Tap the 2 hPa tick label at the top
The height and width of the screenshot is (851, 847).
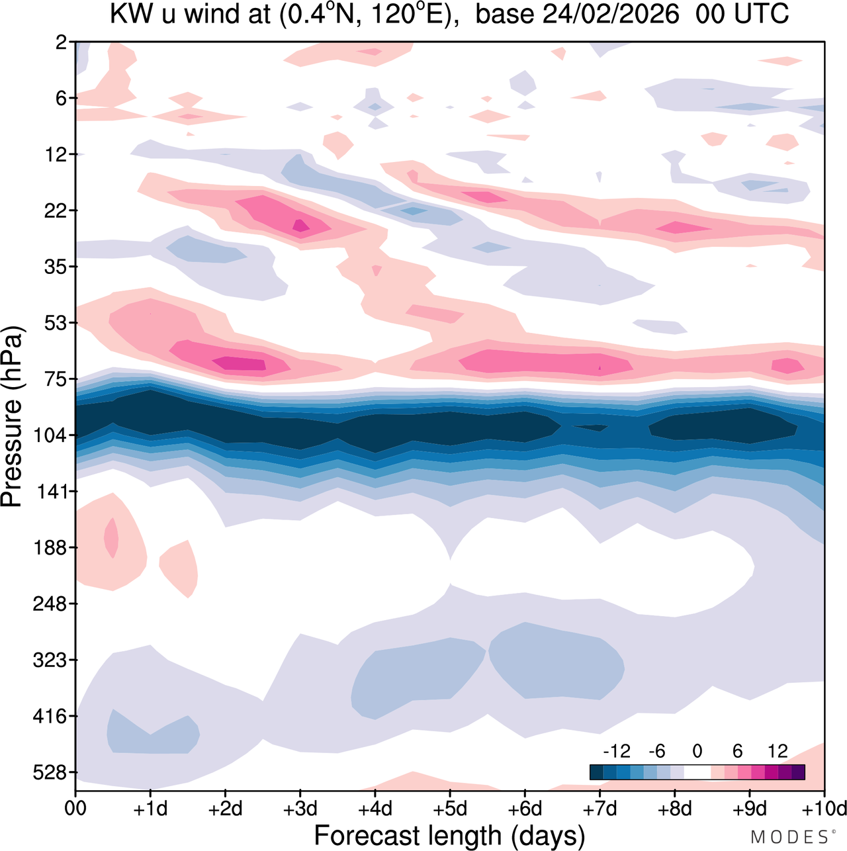coord(62,42)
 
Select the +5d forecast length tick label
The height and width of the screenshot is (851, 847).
coord(450,809)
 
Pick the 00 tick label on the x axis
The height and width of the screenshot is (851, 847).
coord(75,809)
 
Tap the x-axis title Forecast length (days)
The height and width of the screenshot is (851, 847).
coord(449,835)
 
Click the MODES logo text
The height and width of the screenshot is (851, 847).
coord(789,837)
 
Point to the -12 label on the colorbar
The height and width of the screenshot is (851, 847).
coord(616,752)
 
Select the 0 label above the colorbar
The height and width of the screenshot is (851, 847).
coord(697,752)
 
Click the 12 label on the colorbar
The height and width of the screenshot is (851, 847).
coord(778,752)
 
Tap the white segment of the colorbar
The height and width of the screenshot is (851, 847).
coord(697,772)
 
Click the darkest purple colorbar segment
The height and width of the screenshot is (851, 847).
coord(798,772)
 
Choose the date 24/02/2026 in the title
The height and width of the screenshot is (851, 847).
coord(611,15)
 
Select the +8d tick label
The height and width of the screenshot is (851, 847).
coord(675,809)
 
